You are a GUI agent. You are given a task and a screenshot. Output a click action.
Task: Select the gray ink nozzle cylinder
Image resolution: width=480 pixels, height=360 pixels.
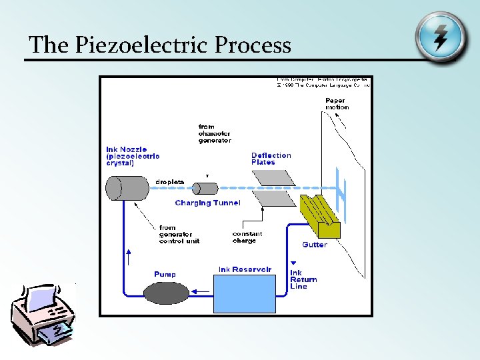[x=127, y=188]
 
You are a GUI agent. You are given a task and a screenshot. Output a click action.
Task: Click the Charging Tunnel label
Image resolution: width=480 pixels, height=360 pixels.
[x=207, y=203]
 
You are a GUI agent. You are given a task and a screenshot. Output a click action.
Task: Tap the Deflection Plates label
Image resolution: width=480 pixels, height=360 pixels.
[x=271, y=159]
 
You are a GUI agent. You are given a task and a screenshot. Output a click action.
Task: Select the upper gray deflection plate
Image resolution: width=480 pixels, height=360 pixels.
[x=273, y=177]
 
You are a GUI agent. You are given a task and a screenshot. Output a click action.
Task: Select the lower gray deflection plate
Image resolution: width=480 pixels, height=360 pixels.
[x=273, y=199]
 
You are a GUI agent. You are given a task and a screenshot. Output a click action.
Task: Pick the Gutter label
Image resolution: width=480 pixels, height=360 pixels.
[x=315, y=245]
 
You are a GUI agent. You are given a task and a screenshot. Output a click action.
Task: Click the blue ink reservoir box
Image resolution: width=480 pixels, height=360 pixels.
[x=244, y=293]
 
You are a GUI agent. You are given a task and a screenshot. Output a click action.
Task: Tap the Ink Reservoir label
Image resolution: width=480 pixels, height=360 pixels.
[x=245, y=270]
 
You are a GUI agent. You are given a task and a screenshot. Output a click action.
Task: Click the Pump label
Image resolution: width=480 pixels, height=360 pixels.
[x=165, y=274]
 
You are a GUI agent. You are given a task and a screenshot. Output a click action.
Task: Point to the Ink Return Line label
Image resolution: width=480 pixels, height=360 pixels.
[x=303, y=279]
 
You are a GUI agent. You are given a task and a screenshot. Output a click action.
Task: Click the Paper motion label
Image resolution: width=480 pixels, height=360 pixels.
[x=337, y=104]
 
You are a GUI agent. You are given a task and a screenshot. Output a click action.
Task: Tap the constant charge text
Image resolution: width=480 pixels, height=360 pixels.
[x=247, y=237]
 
